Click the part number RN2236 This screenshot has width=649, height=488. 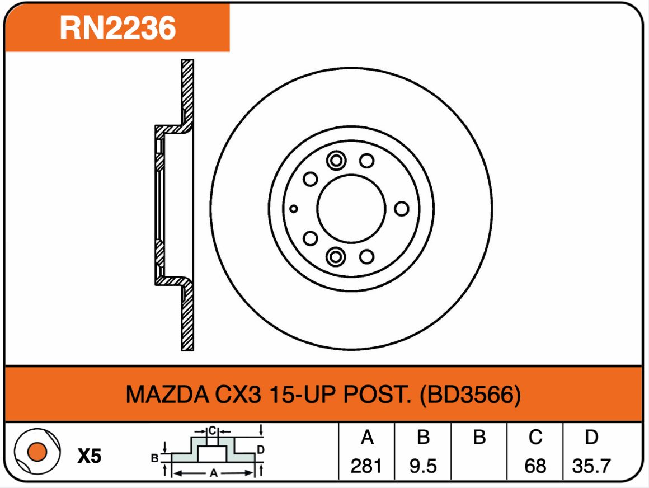(x=117, y=28)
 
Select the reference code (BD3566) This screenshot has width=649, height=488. (x=470, y=395)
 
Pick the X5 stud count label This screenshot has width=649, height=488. (x=90, y=456)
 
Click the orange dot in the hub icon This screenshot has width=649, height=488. (x=37, y=452)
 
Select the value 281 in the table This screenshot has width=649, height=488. (x=366, y=466)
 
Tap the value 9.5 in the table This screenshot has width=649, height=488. (x=423, y=466)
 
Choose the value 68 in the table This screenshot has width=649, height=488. (x=535, y=466)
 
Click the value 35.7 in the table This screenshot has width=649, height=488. (x=591, y=466)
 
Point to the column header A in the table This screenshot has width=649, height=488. (x=366, y=437)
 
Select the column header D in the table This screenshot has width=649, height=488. (x=591, y=437)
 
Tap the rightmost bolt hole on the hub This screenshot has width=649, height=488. (x=402, y=209)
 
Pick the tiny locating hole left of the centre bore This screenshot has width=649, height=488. (x=294, y=209)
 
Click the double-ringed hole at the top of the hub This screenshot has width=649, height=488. (x=336, y=160)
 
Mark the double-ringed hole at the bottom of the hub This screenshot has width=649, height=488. (x=336, y=257)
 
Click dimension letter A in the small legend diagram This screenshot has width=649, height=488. (x=214, y=473)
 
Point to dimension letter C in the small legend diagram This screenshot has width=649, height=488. (x=212, y=431)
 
